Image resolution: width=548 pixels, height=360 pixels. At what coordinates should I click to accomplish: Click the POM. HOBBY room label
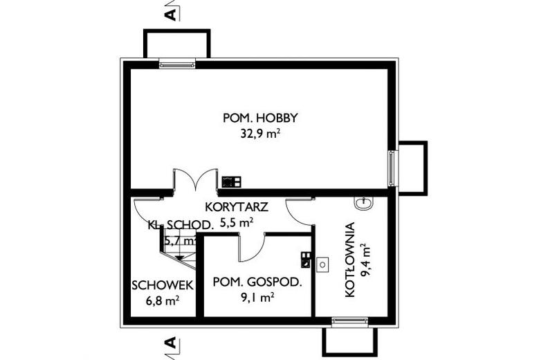click(x=255, y=118)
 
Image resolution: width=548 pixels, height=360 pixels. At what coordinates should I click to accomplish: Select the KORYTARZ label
click(x=236, y=207)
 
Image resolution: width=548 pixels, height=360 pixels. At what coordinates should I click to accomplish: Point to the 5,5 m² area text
click(x=237, y=223)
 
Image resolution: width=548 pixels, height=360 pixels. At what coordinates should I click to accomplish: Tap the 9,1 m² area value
click(x=256, y=298)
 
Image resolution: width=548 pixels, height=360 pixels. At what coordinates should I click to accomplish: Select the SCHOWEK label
click(x=163, y=285)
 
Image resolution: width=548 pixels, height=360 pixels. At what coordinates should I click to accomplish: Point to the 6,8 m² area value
click(x=163, y=300)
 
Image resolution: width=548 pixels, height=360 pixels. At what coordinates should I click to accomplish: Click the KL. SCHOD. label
click(x=180, y=224)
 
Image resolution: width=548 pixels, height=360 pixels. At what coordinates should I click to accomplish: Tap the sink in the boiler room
click(x=363, y=203)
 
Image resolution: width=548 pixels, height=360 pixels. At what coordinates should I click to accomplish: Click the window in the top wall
click(x=177, y=64)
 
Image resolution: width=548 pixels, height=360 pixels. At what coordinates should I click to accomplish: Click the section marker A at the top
click(x=171, y=12)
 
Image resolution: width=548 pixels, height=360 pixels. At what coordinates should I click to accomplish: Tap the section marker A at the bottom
click(x=171, y=344)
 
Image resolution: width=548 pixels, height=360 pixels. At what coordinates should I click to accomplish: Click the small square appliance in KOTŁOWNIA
click(x=322, y=264)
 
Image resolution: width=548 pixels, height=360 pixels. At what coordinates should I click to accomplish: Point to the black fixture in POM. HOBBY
click(x=231, y=182)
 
